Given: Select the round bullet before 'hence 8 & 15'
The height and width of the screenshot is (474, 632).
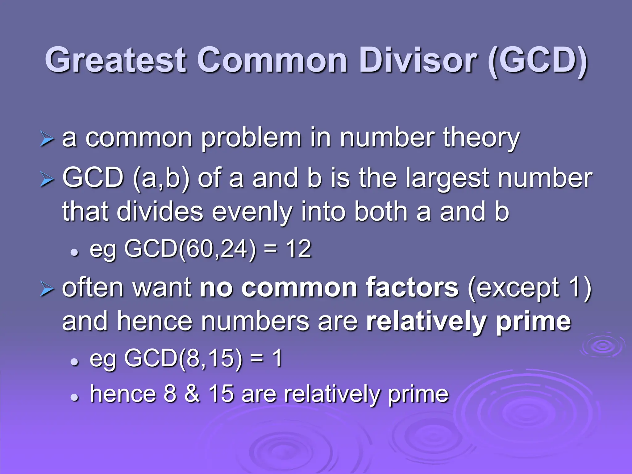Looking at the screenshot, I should (74, 397).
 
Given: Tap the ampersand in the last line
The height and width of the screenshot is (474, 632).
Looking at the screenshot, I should (192, 394).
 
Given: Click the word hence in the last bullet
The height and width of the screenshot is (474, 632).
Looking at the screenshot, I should (123, 394).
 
